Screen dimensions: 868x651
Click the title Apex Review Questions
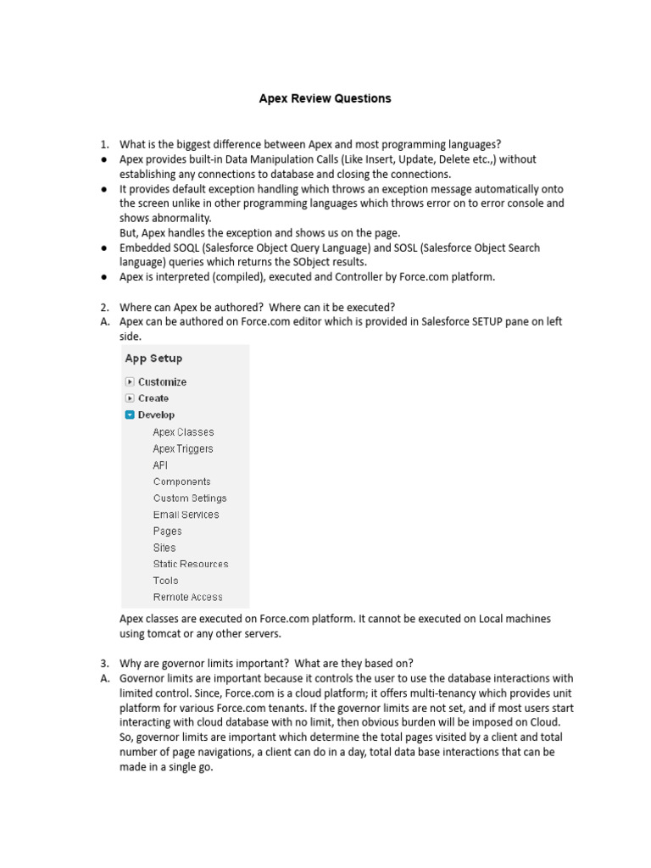(325, 98)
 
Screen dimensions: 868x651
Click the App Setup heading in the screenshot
(153, 359)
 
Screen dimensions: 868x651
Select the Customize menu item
(162, 382)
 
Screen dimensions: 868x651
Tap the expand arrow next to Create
(130, 398)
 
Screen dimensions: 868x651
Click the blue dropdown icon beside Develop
(130, 415)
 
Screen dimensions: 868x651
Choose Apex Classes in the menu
(183, 432)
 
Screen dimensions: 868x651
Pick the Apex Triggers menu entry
(183, 449)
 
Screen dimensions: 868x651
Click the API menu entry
(160, 465)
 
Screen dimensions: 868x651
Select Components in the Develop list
(182, 481)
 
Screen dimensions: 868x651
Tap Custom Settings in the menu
(190, 498)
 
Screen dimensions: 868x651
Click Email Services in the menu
(186, 515)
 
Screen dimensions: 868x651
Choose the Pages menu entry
(168, 531)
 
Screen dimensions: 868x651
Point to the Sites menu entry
(164, 548)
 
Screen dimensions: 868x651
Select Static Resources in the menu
(191, 564)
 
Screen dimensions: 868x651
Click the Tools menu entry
(166, 581)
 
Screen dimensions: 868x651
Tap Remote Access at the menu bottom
(188, 597)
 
